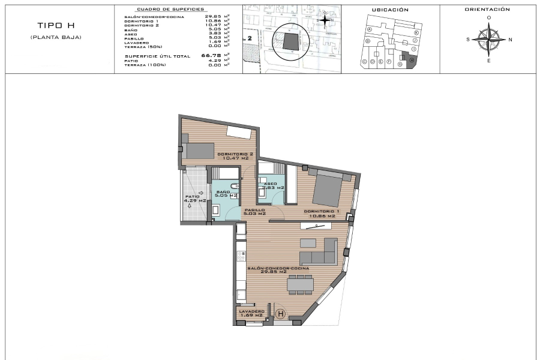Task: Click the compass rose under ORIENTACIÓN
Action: click(489, 40)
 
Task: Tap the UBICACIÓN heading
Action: click(390, 10)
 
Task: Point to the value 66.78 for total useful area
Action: click(208, 56)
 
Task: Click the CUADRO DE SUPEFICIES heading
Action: click(170, 10)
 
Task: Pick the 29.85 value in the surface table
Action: click(213, 17)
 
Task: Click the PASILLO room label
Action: click(254, 210)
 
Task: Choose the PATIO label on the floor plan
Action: click(192, 196)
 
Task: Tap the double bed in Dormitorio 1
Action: click(328, 189)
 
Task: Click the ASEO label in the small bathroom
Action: click(269, 184)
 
